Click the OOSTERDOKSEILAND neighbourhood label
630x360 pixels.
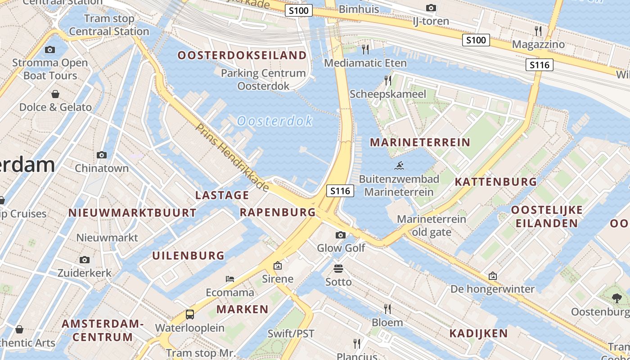pyautogui.click(x=242, y=55)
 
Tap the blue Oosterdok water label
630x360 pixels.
pyautogui.click(x=274, y=121)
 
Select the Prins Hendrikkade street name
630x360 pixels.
pyautogui.click(x=232, y=157)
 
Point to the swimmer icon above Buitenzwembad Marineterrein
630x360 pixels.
pyautogui.click(x=399, y=166)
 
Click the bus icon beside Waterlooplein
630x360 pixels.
pyautogui.click(x=190, y=314)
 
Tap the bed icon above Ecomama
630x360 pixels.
pyautogui.click(x=230, y=279)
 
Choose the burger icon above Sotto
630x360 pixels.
pyautogui.click(x=338, y=269)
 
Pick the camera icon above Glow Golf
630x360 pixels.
pyautogui.click(x=341, y=235)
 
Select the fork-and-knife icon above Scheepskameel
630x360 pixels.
pyautogui.click(x=387, y=81)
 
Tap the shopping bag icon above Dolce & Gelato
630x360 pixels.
pyautogui.click(x=55, y=94)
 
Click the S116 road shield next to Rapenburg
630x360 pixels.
pyautogui.click(x=340, y=191)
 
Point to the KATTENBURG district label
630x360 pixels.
pyautogui.click(x=495, y=182)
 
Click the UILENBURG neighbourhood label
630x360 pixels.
pyautogui.click(x=188, y=256)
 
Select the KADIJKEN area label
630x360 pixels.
pyautogui.click(x=478, y=333)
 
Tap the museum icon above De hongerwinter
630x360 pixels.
pyautogui.click(x=493, y=276)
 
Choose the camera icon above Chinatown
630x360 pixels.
pyautogui.click(x=102, y=155)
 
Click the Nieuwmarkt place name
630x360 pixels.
pyautogui.click(x=107, y=238)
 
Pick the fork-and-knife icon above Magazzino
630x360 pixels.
pyautogui.click(x=538, y=31)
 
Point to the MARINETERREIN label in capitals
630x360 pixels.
pyautogui.click(x=420, y=143)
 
